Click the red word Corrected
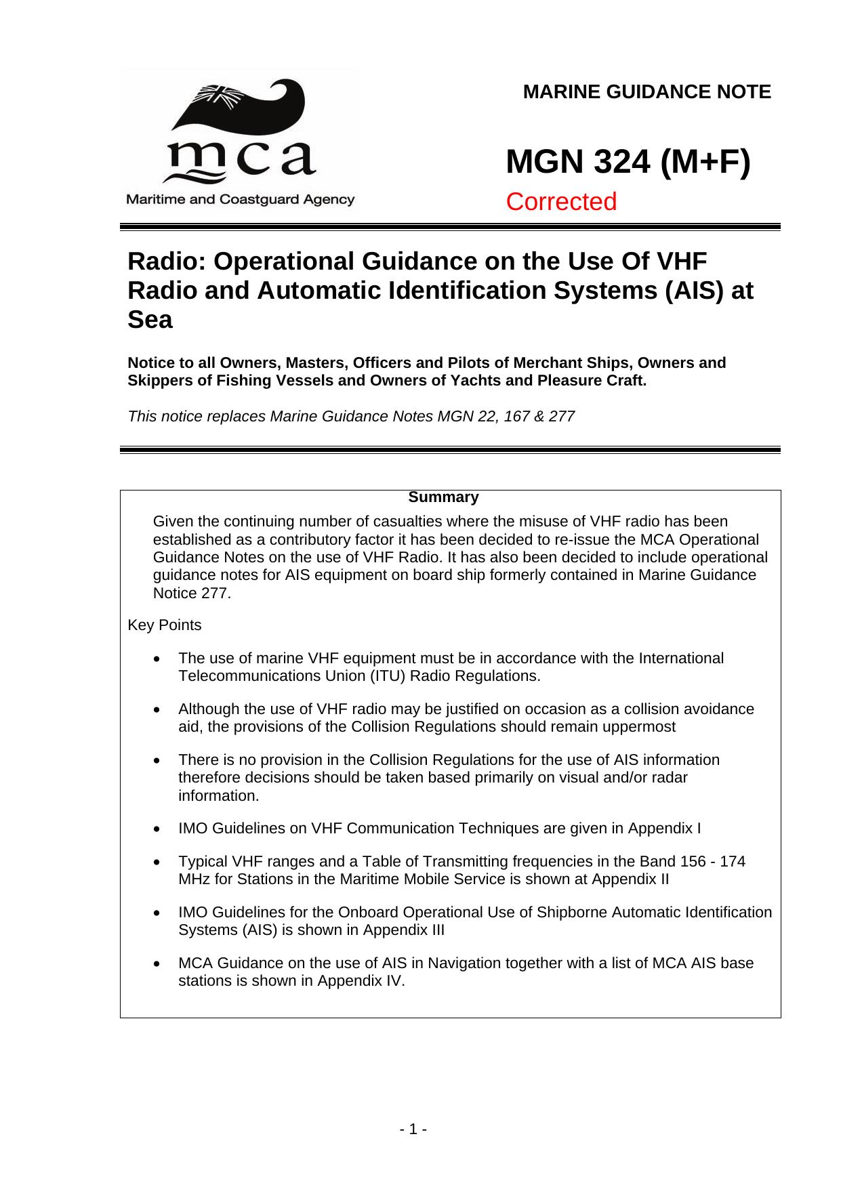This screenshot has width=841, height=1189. [561, 202]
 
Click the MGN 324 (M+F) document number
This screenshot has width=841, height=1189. [628, 163]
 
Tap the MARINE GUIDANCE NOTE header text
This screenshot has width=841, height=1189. [647, 92]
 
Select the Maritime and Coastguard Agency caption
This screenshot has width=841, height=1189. [239, 200]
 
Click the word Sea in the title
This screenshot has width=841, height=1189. [150, 320]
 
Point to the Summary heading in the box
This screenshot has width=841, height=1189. [443, 497]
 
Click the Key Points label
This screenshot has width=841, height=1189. [165, 625]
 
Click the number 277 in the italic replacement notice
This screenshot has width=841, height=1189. [562, 416]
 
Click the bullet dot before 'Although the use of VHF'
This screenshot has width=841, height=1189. [158, 710]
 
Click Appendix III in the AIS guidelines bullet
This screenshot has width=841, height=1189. [404, 930]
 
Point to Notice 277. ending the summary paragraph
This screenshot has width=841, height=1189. [192, 593]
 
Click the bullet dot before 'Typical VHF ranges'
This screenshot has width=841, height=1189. [158, 862]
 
